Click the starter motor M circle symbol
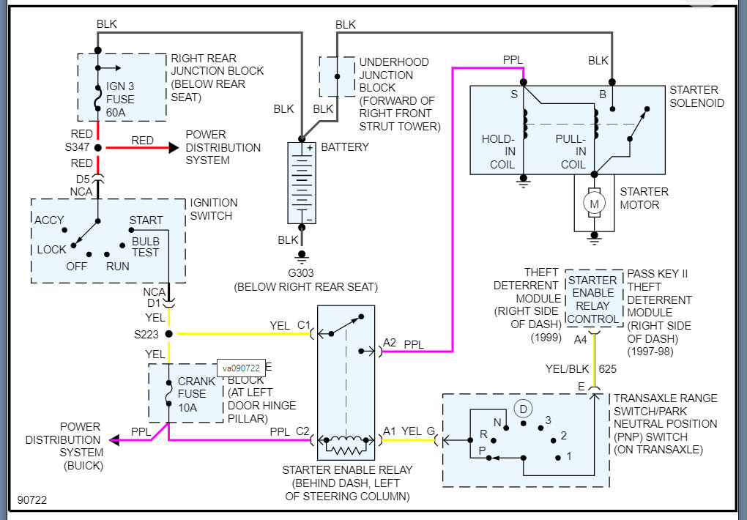[594, 203]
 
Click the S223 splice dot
[169, 334]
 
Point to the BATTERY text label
[345, 147]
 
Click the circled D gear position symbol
[523, 408]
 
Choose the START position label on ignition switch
[146, 220]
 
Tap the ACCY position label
[49, 220]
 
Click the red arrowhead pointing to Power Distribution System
[174, 148]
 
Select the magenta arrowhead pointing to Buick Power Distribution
[115, 440]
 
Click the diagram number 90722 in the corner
[31, 500]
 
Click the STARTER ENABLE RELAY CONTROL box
[593, 300]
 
